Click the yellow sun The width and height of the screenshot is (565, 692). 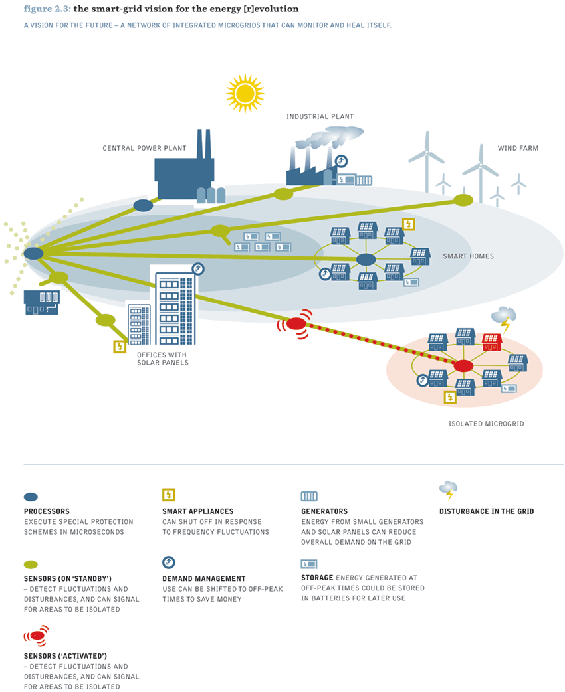click(x=245, y=94)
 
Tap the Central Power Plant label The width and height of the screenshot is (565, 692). click(x=144, y=148)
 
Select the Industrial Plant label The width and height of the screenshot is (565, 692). click(x=320, y=116)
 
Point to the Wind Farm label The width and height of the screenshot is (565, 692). click(x=518, y=148)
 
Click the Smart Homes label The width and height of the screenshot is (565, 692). click(x=468, y=256)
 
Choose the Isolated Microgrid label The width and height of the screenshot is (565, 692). click(x=487, y=424)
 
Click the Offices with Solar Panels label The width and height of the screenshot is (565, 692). click(x=163, y=359)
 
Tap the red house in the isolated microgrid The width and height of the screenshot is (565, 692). click(x=492, y=341)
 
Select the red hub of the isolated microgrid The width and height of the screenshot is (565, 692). click(x=463, y=366)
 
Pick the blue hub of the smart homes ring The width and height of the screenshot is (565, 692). click(x=366, y=260)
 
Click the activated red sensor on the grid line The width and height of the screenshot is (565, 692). click(x=296, y=324)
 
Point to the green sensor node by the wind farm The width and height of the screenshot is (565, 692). click(x=463, y=200)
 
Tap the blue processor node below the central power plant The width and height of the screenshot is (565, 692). click(x=143, y=205)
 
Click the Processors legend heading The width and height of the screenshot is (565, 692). click(x=47, y=511)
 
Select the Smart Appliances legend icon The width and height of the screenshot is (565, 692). click(x=169, y=495)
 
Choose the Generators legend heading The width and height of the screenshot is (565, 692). click(x=324, y=511)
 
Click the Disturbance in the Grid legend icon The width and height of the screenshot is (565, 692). click(x=449, y=491)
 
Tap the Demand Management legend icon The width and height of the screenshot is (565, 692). click(x=169, y=562)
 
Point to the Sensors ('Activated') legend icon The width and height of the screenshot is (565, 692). click(x=36, y=636)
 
